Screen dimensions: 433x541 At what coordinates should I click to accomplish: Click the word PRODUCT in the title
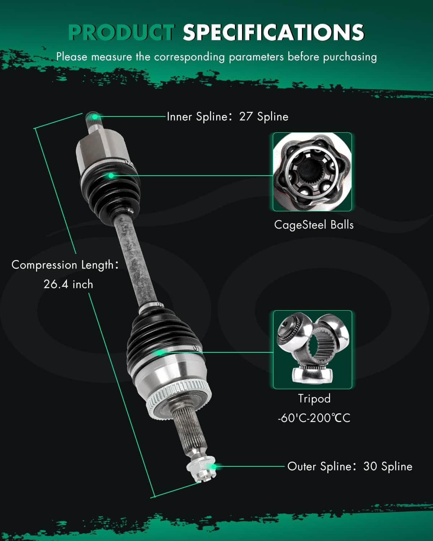point(122,32)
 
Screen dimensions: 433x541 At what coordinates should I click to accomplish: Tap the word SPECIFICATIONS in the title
point(274,32)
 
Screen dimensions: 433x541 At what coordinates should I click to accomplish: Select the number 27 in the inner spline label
point(246,116)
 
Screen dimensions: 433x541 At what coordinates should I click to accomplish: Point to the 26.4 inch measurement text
point(69,284)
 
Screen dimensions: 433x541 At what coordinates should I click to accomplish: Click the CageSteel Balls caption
point(314,225)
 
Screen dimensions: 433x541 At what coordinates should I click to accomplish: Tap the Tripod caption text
point(314,399)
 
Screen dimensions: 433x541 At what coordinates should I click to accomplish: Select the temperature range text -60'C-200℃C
point(314,418)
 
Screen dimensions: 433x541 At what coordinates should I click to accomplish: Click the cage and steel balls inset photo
point(312,172)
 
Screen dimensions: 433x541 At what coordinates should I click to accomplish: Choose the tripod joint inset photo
point(312,350)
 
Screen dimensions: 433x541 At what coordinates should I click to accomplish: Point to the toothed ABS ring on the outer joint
point(179,397)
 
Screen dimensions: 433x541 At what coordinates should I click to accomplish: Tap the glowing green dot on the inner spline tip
point(95,116)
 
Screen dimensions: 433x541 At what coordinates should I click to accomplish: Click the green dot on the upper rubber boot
point(111,176)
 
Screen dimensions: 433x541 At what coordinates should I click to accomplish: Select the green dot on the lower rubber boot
point(159,353)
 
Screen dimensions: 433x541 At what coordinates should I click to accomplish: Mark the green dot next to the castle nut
point(214,467)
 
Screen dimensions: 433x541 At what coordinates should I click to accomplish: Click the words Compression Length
point(63,265)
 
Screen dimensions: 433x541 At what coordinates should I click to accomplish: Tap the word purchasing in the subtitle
point(350,57)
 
